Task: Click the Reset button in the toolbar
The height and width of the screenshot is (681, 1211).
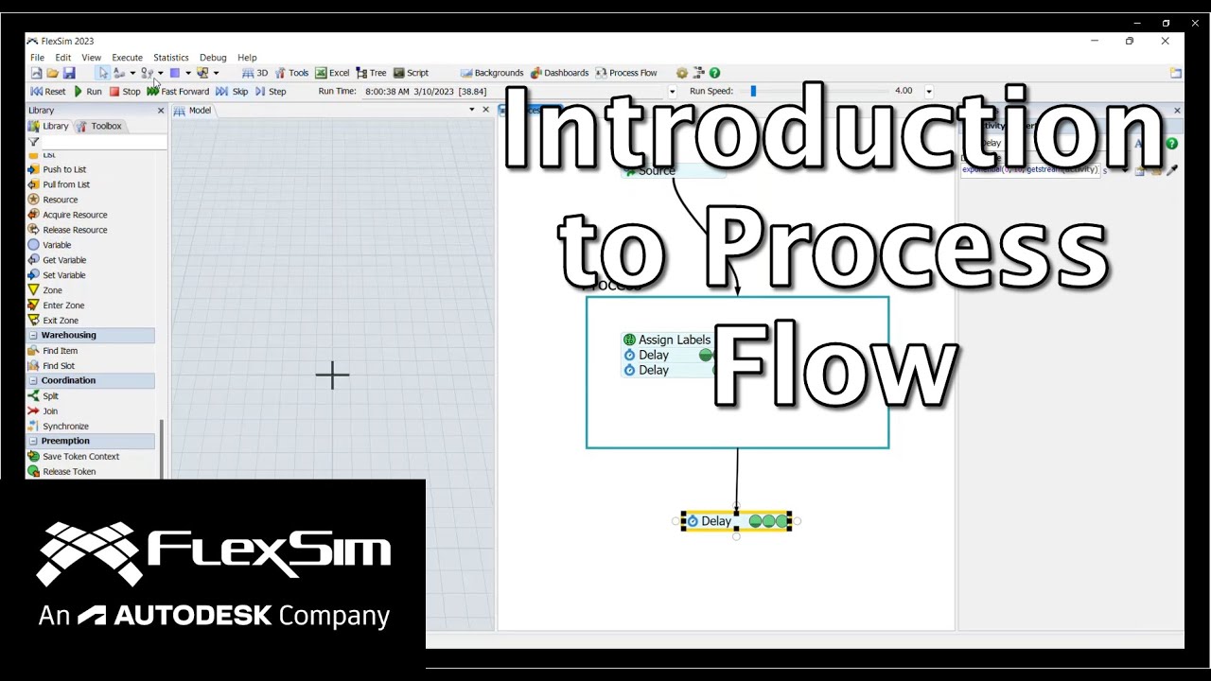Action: pyautogui.click(x=48, y=92)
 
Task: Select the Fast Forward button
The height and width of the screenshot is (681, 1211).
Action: pyautogui.click(x=178, y=92)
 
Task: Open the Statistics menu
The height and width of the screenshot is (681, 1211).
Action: pyautogui.click(x=170, y=58)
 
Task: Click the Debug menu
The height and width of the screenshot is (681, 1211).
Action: pyautogui.click(x=213, y=58)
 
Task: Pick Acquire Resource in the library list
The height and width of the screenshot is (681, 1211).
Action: pyautogui.click(x=74, y=215)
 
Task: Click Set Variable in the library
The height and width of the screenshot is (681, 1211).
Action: pyautogui.click(x=63, y=275)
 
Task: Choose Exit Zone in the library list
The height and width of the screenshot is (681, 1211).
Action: pyautogui.click(x=60, y=321)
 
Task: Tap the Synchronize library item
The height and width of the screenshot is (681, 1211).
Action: pyautogui.click(x=65, y=427)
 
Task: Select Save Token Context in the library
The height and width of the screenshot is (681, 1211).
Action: pyautogui.click(x=80, y=457)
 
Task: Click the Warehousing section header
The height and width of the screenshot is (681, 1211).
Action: pyautogui.click(x=68, y=335)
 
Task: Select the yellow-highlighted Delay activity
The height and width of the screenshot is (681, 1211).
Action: pyautogui.click(x=716, y=521)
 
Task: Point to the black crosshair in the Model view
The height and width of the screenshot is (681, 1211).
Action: pyautogui.click(x=332, y=375)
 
